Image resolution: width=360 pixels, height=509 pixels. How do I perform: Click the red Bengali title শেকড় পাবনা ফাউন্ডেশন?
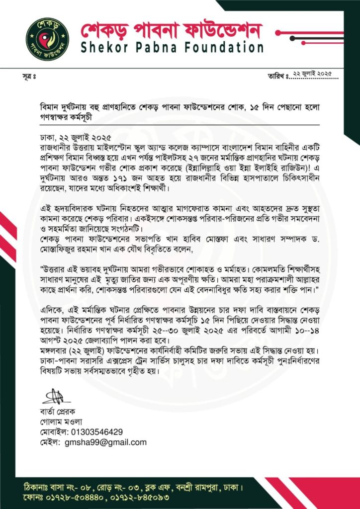pyautogui.click(x=171, y=29)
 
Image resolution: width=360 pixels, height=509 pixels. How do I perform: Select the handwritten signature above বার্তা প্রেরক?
pyautogui.click(x=52, y=397)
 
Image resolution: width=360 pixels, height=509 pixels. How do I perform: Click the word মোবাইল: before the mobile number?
pyautogui.click(x=54, y=431)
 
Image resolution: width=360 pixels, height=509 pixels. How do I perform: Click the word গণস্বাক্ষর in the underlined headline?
pyautogui.click(x=58, y=119)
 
